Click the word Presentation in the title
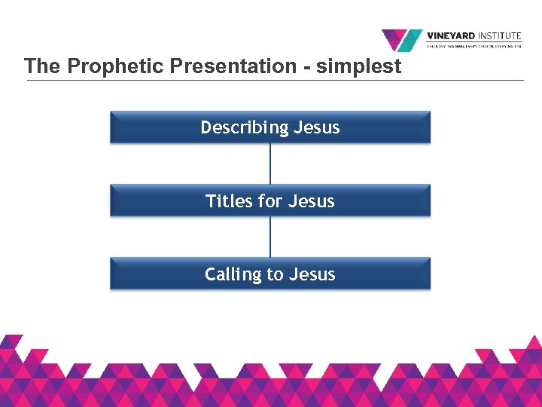click(233, 66)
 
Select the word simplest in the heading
click(358, 66)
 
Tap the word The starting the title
click(42, 66)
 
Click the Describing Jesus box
click(270, 127)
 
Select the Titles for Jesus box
click(270, 200)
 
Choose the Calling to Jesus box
click(270, 274)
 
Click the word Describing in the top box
click(245, 128)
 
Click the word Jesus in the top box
click(317, 128)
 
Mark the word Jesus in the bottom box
click(312, 274)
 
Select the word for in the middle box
click(269, 201)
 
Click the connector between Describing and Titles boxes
click(270, 164)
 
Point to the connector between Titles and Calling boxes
click(270, 237)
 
